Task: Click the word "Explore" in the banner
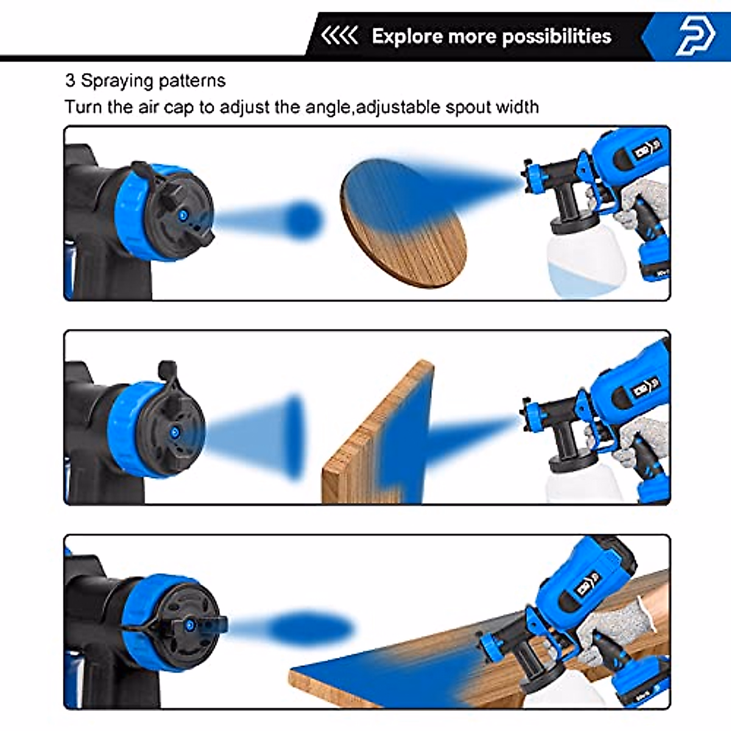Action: coord(407,37)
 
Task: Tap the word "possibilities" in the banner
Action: coord(557,37)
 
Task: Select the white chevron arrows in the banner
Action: coord(339,36)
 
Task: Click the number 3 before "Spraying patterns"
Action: coord(70,80)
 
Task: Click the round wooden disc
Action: coord(404,223)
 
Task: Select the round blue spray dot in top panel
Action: coord(303,220)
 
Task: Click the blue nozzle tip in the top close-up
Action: coord(184,216)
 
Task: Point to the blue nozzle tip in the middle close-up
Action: coord(175,432)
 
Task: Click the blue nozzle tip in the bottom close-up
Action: coord(189,625)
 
